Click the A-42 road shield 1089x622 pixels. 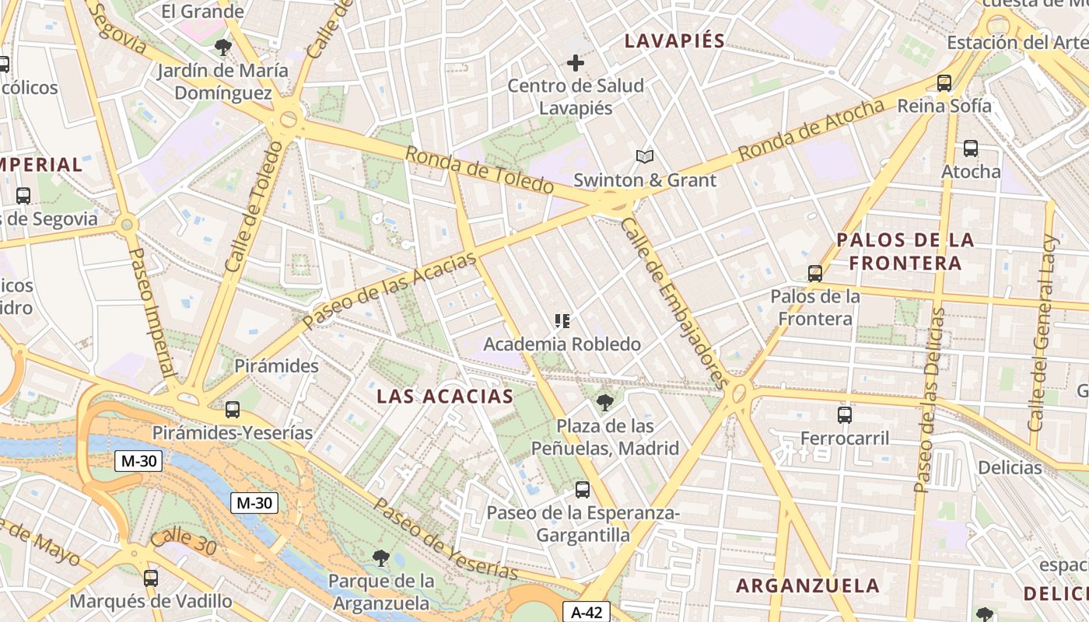587,612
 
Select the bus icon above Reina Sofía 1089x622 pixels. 944,82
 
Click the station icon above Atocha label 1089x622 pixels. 970,148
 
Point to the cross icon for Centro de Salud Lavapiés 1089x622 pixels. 576,62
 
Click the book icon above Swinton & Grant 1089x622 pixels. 644,157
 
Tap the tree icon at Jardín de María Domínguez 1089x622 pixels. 223,47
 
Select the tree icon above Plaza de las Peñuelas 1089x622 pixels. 604,402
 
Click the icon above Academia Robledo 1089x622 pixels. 562,320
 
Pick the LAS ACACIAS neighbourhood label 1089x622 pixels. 445,397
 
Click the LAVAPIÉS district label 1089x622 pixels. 674,41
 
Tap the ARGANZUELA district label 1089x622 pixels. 807,585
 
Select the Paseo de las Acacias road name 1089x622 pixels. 389,290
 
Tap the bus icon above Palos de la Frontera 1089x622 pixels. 814,273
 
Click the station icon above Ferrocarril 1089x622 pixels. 845,414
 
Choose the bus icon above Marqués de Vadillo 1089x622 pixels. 151,578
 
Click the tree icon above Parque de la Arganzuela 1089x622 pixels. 380,557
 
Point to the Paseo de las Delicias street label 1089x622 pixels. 930,400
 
